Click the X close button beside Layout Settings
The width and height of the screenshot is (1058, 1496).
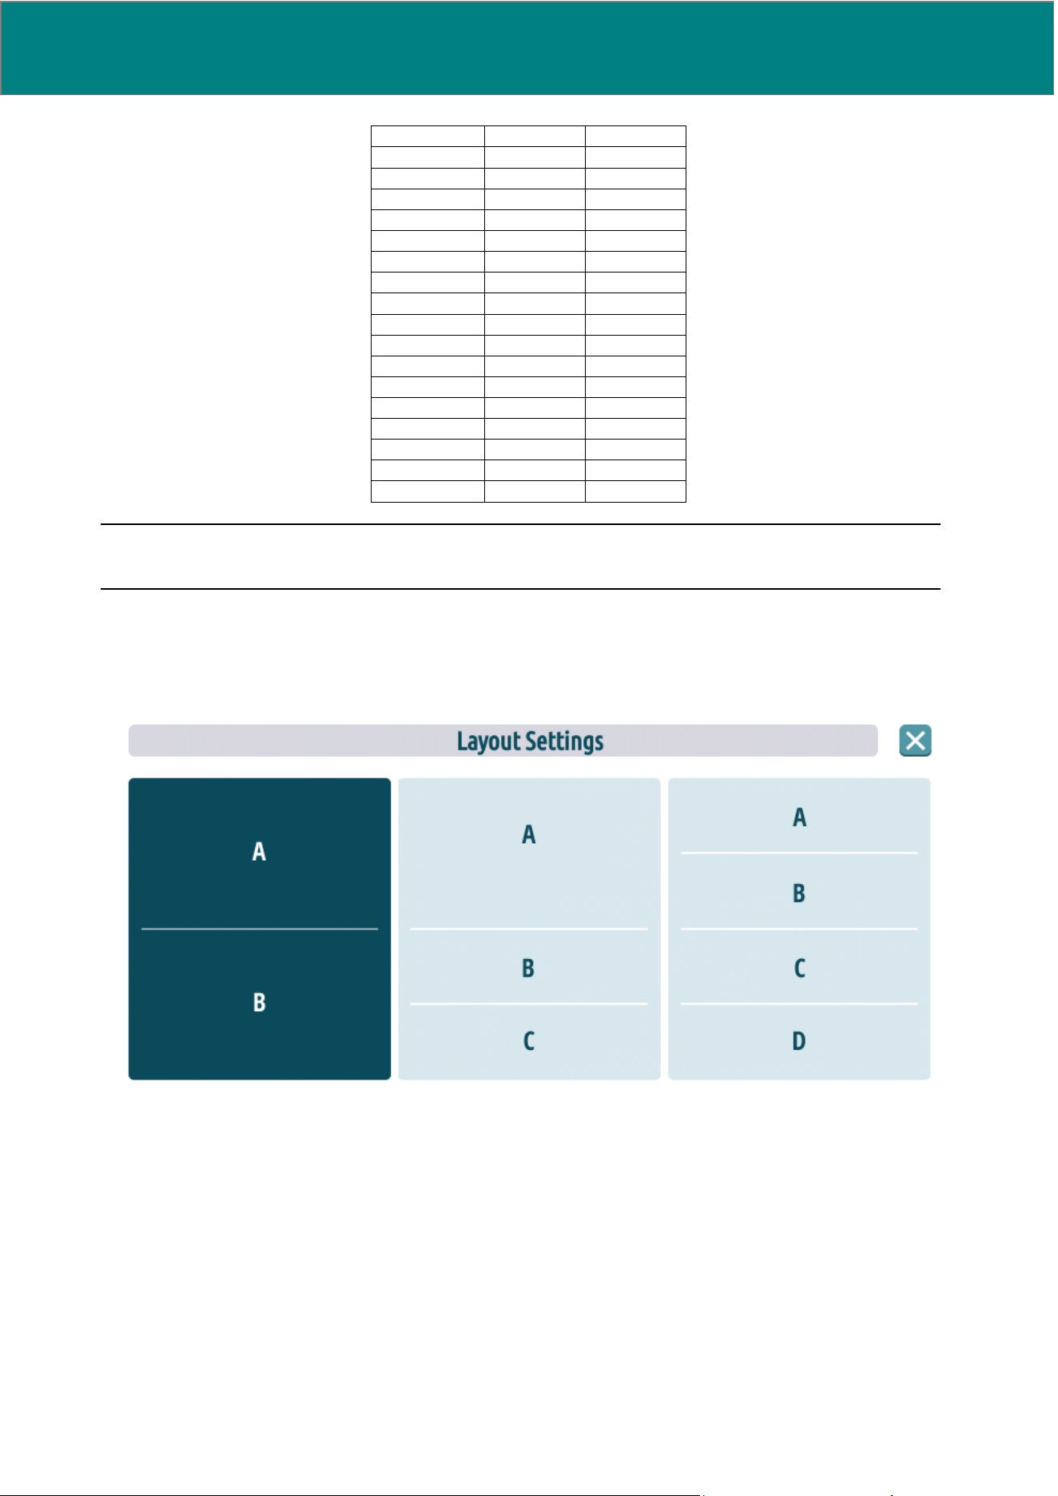(915, 741)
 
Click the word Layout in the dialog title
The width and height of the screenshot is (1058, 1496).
(488, 742)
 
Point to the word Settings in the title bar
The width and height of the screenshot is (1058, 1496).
(564, 742)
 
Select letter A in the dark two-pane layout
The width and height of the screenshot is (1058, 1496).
(259, 852)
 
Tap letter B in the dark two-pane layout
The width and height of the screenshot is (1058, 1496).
(259, 1003)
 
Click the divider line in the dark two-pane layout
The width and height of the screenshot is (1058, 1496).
(260, 929)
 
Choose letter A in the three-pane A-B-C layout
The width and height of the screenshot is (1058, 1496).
(528, 835)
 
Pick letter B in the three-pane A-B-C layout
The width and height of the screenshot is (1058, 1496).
(528, 969)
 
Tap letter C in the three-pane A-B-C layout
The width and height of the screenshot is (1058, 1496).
(528, 1041)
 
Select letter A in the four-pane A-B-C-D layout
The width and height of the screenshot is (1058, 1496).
(799, 818)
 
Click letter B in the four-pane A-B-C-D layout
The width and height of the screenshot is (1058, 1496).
(799, 893)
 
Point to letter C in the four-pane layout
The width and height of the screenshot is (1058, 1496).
(799, 969)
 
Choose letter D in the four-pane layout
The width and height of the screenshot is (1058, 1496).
(799, 1041)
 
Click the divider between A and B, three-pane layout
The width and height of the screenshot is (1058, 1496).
(529, 929)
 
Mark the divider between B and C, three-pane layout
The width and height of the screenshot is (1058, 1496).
(529, 1004)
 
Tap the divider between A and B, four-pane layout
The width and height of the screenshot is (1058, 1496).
(799, 853)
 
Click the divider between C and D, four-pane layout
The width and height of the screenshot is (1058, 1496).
(799, 1004)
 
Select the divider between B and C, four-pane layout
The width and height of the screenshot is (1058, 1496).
(799, 929)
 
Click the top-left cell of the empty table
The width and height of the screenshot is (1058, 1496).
(428, 136)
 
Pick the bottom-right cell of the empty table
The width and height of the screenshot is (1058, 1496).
(635, 491)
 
